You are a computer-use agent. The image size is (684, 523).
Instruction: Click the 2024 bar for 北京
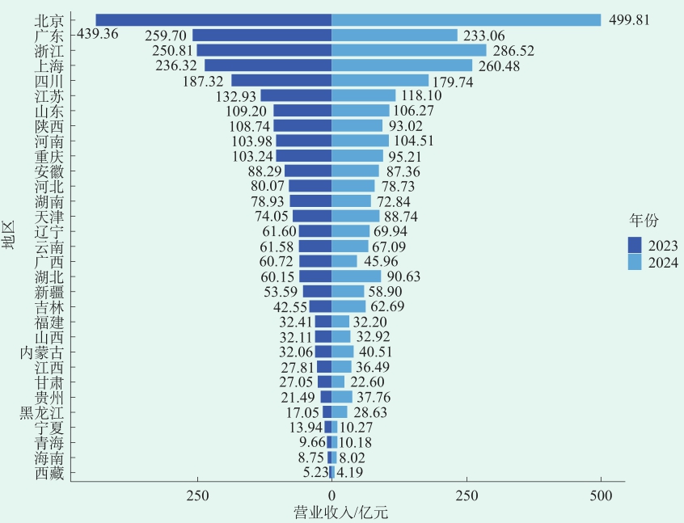[x=467, y=19]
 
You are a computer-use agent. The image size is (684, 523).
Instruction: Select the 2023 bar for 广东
[x=262, y=35]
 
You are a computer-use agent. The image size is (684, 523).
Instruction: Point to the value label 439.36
[x=97, y=35]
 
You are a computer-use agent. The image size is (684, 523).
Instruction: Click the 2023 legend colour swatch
[x=635, y=245]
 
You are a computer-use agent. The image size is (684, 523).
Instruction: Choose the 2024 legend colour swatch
[x=635, y=262]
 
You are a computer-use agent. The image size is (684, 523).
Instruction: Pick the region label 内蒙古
[x=42, y=352]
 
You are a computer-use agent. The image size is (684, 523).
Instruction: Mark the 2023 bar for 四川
[x=281, y=80]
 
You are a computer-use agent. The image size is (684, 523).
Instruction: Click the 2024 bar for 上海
[x=402, y=65]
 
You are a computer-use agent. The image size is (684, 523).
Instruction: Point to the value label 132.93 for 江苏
[x=236, y=95]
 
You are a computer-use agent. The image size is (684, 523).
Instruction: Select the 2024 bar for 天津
[x=356, y=216]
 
